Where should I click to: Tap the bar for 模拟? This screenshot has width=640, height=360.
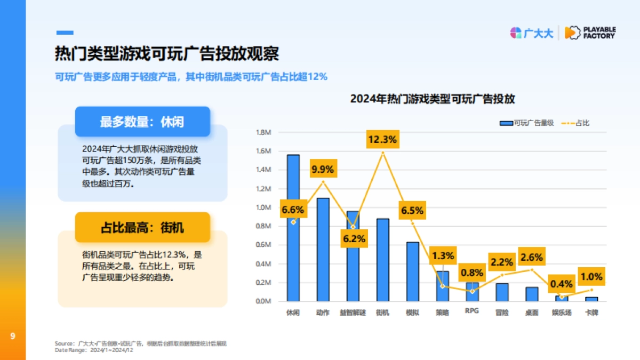point(412,271)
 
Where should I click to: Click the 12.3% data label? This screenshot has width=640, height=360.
point(382,140)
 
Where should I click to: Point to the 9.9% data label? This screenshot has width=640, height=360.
point(323,170)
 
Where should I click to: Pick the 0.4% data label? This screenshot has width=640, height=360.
point(562,284)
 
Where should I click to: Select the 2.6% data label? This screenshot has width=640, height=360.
point(532,257)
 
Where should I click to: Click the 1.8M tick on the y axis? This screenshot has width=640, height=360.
point(264,132)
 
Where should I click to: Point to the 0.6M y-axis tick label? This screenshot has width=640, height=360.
point(264,245)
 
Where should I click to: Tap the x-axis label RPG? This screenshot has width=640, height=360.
point(471,311)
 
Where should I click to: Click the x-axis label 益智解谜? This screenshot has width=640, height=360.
point(353,312)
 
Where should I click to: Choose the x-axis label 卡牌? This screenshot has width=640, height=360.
point(591,312)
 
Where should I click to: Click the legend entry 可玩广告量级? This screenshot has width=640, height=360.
point(526,123)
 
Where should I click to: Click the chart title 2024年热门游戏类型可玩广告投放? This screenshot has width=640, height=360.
point(432,99)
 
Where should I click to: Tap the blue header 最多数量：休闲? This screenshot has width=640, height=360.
point(142,122)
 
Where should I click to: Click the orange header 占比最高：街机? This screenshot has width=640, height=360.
point(142,228)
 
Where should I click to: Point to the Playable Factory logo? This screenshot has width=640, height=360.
point(590,33)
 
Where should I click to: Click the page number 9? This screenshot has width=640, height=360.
point(12,336)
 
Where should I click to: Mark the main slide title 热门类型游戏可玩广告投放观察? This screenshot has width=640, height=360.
point(167,54)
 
